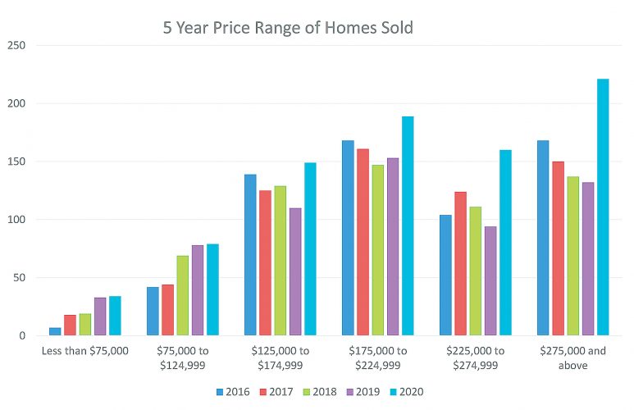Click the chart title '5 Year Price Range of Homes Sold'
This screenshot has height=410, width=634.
[x=287, y=28]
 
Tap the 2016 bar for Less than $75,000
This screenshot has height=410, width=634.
[x=55, y=331]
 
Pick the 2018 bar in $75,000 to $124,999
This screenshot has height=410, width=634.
[x=183, y=295]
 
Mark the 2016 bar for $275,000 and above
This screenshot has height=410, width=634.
[x=543, y=238]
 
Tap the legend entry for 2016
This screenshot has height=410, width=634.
[x=234, y=392]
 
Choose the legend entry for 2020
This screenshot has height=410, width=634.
[x=404, y=392]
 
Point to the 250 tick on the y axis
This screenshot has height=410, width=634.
[x=16, y=46]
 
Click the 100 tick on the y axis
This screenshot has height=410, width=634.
[x=16, y=220]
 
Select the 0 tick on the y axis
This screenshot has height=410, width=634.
[x=22, y=335]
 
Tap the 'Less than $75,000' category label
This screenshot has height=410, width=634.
[x=84, y=351]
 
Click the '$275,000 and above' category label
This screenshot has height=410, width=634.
[x=572, y=358]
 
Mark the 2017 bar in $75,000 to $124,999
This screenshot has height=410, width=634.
[x=168, y=310]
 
